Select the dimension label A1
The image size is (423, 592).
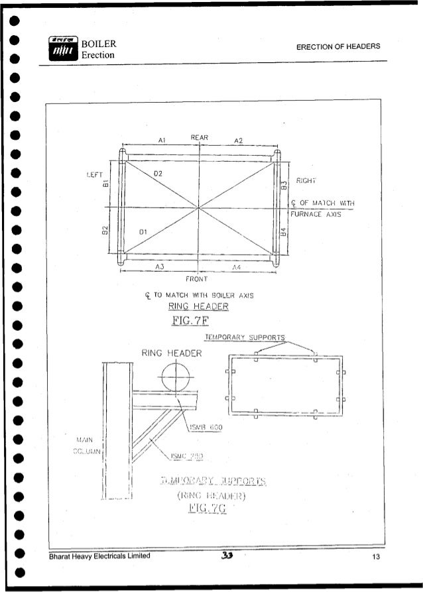point(162,141)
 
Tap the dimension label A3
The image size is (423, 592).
point(160,265)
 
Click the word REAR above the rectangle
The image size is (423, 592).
point(200,137)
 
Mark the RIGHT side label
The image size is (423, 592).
point(308,179)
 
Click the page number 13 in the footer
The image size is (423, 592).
point(375,557)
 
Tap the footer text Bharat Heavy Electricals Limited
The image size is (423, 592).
point(99,557)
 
